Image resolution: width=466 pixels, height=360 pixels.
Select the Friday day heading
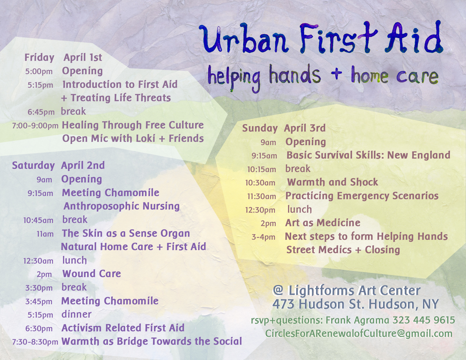pos(39,57)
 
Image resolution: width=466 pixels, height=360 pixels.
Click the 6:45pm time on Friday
pos(41,112)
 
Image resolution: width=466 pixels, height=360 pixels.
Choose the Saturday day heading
pos(33,165)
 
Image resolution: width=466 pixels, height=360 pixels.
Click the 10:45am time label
pos(38,220)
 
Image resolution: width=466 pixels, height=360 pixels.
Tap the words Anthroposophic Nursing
pos(122,206)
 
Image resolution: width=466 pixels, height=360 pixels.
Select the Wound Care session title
pos(92,274)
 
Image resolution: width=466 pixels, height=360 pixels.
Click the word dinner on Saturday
pos(76,314)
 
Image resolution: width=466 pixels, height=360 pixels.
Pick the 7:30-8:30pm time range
pos(35,342)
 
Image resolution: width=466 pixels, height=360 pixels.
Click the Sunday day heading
pos(260,128)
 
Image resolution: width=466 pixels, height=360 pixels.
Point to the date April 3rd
pos(305,128)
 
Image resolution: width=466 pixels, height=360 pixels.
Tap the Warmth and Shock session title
pos(333,182)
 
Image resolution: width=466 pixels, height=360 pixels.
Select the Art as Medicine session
pos(323,223)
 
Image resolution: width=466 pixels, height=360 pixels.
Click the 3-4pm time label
pos(263,237)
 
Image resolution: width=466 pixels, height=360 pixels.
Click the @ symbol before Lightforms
pos(278,290)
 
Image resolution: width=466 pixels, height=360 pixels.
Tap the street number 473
pos(283,304)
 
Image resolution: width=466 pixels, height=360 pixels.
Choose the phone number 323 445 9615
pos(424,320)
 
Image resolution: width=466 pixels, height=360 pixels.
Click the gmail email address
pos(359,334)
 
